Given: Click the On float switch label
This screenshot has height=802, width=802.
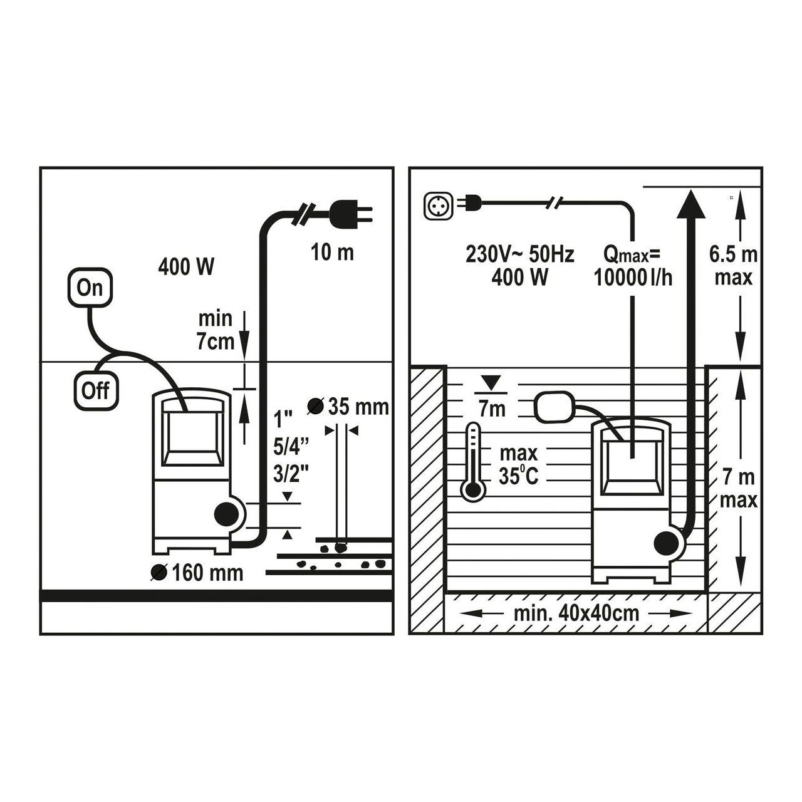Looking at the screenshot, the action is (90, 287).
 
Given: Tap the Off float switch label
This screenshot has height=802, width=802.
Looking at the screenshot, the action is (96, 390).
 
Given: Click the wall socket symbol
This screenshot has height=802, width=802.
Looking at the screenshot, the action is (438, 206).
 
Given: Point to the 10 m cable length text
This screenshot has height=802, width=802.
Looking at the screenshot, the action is (332, 253).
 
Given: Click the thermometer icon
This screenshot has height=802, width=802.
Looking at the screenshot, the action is (473, 462).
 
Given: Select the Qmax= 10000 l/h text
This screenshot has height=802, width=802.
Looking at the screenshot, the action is (633, 266).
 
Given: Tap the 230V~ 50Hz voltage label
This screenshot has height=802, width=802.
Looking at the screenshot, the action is (519, 254).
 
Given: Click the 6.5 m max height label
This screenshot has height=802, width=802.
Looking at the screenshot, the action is (734, 266).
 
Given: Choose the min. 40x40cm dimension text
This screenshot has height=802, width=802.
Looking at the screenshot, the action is (576, 613).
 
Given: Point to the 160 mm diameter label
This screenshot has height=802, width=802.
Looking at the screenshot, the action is (197, 573).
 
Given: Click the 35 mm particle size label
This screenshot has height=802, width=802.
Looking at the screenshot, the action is (348, 407).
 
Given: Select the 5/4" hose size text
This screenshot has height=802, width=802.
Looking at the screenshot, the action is (291, 447).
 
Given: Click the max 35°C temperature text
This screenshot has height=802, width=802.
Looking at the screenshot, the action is (518, 465).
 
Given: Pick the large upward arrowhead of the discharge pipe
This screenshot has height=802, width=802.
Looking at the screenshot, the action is (691, 204).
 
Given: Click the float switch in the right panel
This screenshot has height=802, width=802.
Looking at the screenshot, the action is (554, 407).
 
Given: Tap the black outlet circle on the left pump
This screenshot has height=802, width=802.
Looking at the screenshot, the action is (226, 515).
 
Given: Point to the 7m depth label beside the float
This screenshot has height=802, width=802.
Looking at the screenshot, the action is (492, 409).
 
